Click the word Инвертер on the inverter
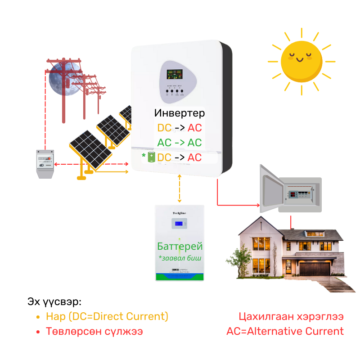click(x=179, y=113)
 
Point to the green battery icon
click(x=151, y=157)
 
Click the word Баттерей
click(x=180, y=247)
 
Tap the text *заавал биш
click(x=180, y=258)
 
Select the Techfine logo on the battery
click(x=180, y=213)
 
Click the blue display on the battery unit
click(x=180, y=223)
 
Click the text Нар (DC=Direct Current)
click(x=107, y=316)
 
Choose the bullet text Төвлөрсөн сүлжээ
click(x=94, y=332)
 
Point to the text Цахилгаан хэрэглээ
click(x=291, y=316)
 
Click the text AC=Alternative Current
click(x=285, y=332)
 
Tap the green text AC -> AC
click(x=179, y=143)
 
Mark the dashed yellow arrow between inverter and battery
click(x=180, y=189)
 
